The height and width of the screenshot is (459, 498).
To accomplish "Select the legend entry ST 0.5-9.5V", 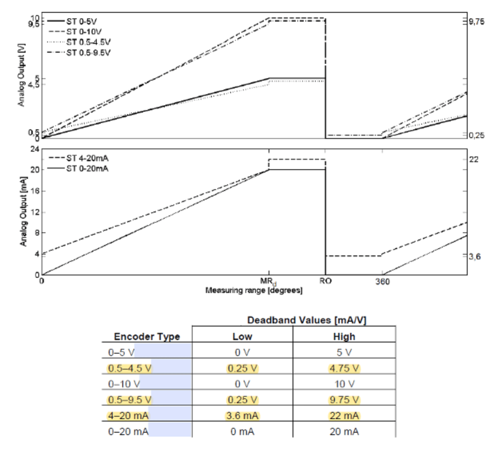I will pyautogui.click(x=88, y=53).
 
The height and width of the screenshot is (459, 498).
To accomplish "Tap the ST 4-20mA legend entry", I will pyautogui.click(x=87, y=158).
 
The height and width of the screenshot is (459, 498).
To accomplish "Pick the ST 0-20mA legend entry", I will pyautogui.click(x=87, y=168).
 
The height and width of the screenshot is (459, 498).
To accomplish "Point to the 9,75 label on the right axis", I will pyautogui.click(x=476, y=22).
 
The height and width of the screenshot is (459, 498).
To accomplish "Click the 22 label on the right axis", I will pyautogui.click(x=474, y=159).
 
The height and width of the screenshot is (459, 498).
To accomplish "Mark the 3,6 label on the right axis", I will pyautogui.click(x=475, y=256).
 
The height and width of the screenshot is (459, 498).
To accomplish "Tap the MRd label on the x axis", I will pyautogui.click(x=269, y=281).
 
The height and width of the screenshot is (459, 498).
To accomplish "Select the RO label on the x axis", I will pyautogui.click(x=325, y=281).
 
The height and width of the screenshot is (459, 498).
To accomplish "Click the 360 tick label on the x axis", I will pyautogui.click(x=382, y=282).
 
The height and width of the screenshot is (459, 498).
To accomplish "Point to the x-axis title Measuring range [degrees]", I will pyautogui.click(x=254, y=291).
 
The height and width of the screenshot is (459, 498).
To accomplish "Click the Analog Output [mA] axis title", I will pyautogui.click(x=23, y=212).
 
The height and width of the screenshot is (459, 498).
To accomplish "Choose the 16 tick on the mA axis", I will pyautogui.click(x=36, y=191).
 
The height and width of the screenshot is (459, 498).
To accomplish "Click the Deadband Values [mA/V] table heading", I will pyautogui.click(x=307, y=320).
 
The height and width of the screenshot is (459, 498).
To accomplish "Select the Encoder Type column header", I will pyautogui.click(x=147, y=336).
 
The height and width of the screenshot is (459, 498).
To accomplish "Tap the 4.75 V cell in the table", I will pyautogui.click(x=344, y=368).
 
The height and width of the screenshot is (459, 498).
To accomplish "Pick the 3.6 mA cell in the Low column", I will pyautogui.click(x=242, y=415).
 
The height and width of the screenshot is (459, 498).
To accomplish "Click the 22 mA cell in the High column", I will pyautogui.click(x=344, y=415).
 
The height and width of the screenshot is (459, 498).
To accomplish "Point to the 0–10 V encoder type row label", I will pyautogui.click(x=124, y=384).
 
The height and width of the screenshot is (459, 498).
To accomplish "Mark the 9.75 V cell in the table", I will pyautogui.click(x=344, y=400).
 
